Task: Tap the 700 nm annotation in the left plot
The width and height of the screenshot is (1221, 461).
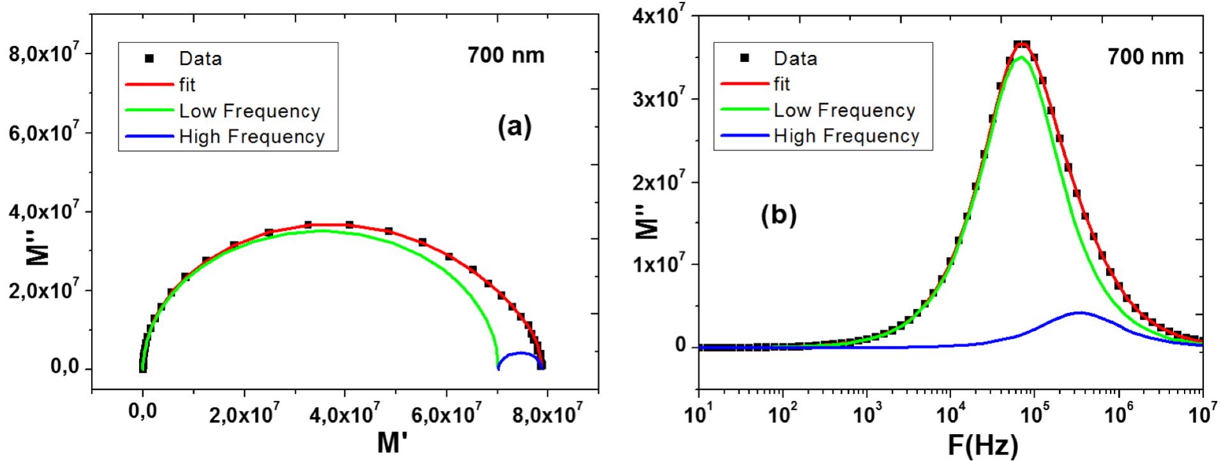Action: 506,55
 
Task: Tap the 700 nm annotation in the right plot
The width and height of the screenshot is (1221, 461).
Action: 1144,57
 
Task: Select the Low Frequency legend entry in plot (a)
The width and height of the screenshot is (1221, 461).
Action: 249,111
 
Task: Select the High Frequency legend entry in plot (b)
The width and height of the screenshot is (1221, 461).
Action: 846,136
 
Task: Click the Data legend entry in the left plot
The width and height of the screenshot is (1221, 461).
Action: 200,59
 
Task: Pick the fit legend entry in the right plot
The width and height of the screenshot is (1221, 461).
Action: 781,84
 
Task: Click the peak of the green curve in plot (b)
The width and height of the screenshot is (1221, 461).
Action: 1021,57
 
